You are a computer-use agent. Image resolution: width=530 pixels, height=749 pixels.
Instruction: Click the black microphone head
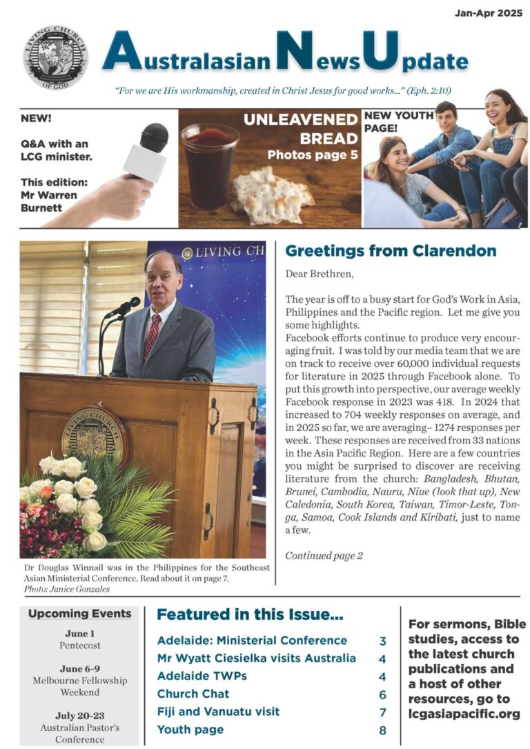click(154, 138)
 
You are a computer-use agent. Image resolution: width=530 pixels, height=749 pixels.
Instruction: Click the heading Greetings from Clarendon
click(391, 251)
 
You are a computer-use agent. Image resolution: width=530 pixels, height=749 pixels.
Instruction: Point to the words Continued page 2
click(324, 555)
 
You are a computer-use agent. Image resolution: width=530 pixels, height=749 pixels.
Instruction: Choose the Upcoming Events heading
click(79, 614)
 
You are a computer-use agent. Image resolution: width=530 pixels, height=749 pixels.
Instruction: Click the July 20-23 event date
click(80, 715)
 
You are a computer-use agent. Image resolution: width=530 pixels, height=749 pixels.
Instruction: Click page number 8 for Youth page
click(382, 730)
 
